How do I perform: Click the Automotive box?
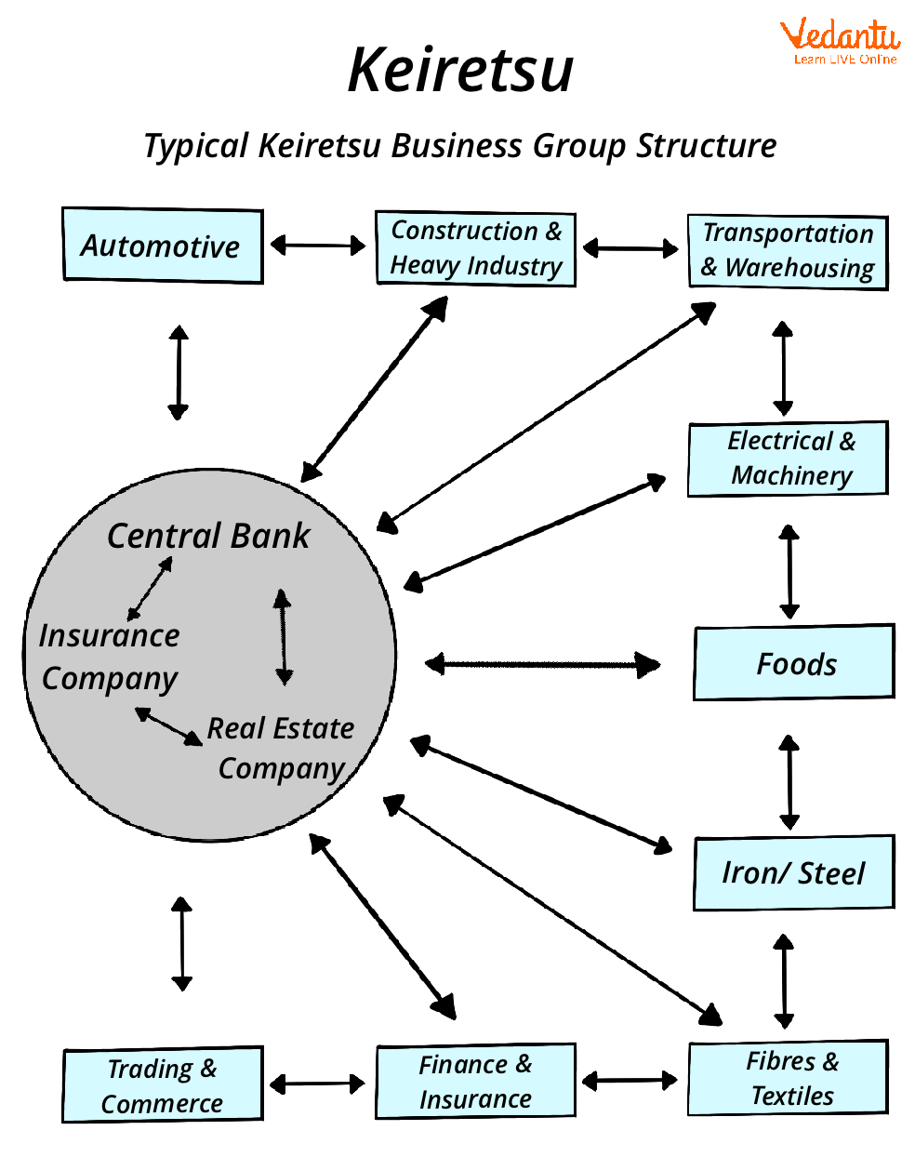[162, 246]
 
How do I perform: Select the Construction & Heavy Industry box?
[475, 248]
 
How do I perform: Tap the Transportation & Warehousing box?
[788, 251]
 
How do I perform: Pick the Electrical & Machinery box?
[789, 459]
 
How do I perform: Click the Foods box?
[794, 663]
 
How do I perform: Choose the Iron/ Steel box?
[793, 872]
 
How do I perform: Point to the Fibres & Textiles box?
[789, 1079]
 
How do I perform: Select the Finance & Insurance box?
[475, 1082]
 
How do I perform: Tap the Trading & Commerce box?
[163, 1085]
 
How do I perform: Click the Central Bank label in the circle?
[208, 537]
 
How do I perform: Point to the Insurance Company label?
[109, 657]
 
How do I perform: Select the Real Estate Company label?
[282, 748]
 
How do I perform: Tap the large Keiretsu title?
[460, 71]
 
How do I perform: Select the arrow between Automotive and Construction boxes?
[318, 246]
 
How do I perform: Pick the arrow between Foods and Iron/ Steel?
[789, 782]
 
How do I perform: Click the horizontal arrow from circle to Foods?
[543, 664]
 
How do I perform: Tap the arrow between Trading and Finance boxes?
[318, 1084]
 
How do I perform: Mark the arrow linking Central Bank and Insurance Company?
[150, 589]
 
